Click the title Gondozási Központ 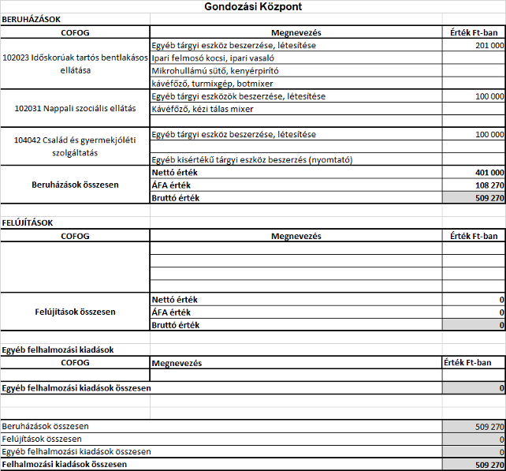tap(252, 6)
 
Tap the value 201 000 tap(489, 46)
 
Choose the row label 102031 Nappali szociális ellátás tap(76, 108)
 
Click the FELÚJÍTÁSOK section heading tap(28, 222)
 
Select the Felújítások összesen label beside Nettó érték tap(76, 312)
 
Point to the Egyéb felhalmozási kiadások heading tap(59, 349)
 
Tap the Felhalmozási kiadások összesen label tap(65, 465)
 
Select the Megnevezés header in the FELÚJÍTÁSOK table tap(296, 236)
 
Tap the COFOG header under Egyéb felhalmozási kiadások tap(76, 362)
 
